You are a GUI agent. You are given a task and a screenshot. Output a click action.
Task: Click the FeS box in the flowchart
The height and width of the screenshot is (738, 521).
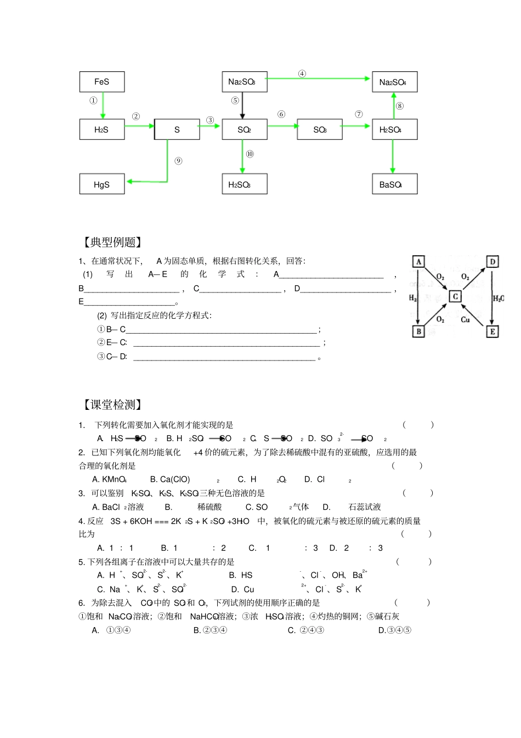coord(102,82)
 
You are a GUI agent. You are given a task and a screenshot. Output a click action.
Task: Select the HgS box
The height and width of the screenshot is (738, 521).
coord(102,184)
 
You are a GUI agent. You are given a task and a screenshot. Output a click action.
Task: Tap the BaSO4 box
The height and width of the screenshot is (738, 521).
coord(394,184)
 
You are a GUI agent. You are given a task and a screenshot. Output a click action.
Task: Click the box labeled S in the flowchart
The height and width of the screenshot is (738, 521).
coord(177,129)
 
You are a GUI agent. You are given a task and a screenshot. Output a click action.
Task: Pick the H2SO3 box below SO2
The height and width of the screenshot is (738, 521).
coord(244,184)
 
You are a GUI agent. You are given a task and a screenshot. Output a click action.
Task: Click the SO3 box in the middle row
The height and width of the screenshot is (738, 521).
coord(319,129)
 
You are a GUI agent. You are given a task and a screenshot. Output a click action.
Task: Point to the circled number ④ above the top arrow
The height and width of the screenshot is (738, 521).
coord(302,74)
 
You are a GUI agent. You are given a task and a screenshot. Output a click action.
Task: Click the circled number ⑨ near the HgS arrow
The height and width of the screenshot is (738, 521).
coord(178,161)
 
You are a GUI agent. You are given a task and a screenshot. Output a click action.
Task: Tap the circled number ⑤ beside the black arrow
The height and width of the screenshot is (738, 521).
coord(235,100)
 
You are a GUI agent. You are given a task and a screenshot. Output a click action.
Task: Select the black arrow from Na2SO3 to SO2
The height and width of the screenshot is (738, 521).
coord(242,105)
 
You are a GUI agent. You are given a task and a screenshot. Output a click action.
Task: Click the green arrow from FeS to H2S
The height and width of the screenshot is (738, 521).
coord(103,105)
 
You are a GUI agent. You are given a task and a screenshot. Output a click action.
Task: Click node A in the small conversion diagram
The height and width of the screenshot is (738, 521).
coord(418,262)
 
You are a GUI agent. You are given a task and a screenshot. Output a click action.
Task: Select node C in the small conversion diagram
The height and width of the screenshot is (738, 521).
coord(455,296)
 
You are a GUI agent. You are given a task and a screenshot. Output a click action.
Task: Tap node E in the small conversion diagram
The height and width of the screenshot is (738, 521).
coord(492,331)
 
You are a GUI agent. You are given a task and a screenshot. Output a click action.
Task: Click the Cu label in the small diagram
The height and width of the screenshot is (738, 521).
coord(465,319)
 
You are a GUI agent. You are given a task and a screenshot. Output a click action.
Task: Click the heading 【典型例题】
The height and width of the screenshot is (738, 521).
coord(112,243)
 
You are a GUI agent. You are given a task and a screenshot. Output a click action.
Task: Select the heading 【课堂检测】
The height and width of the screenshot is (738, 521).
coord(112,405)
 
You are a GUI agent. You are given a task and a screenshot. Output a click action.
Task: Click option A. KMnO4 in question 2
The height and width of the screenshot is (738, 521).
coord(110,480)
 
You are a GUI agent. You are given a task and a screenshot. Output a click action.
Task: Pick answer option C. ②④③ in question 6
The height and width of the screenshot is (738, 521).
coord(306,630)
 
